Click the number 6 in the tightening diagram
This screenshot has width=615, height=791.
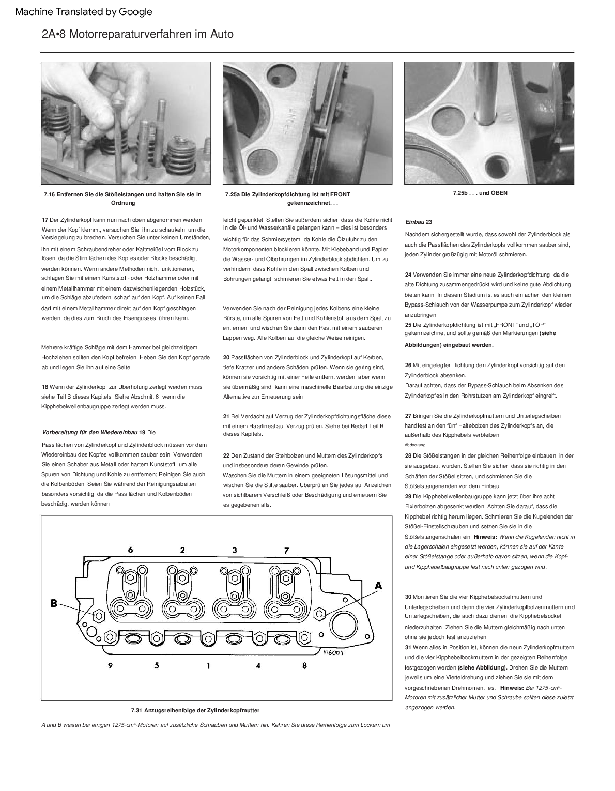click(130, 550)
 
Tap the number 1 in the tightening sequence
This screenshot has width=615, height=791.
click(208, 666)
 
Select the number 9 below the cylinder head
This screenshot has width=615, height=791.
click(110, 666)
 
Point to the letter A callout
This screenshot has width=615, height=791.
click(378, 586)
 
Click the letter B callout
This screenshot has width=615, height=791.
click(54, 602)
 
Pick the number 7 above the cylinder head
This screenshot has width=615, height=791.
click(286, 550)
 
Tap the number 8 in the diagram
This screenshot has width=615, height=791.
click(304, 666)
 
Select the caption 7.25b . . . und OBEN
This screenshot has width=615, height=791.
click(480, 193)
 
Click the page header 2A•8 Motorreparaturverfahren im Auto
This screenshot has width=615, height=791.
click(137, 34)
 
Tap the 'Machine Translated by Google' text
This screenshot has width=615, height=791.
click(84, 12)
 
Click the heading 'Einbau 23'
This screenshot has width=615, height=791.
click(419, 222)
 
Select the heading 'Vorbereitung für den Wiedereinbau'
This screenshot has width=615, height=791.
click(89, 432)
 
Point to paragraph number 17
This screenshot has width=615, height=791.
click(44, 220)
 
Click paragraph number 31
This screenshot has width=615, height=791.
click(408, 647)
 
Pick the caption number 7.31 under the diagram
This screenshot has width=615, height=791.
click(136, 710)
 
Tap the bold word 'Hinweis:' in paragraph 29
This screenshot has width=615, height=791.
click(485, 537)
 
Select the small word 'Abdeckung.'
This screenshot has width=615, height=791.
click(416, 445)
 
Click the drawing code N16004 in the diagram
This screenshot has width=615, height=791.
click(334, 652)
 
